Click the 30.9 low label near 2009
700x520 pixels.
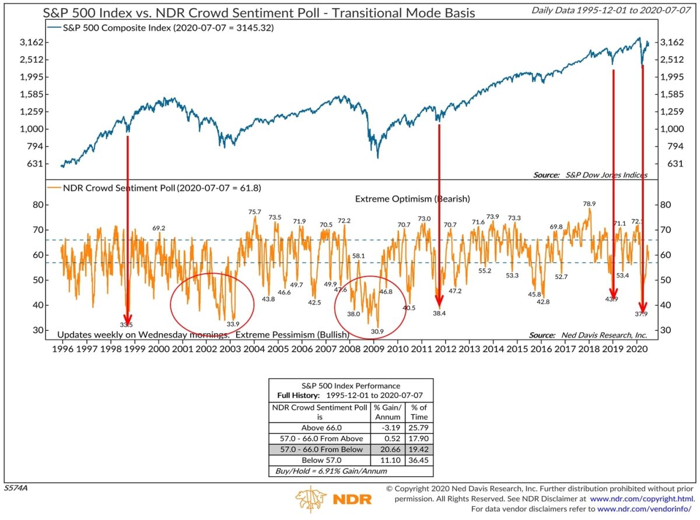377,332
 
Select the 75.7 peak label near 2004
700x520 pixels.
254,212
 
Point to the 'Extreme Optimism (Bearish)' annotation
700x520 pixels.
412,199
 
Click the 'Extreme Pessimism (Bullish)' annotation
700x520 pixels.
292,335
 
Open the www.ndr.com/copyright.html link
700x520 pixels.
642,500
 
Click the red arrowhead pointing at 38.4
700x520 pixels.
439,301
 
